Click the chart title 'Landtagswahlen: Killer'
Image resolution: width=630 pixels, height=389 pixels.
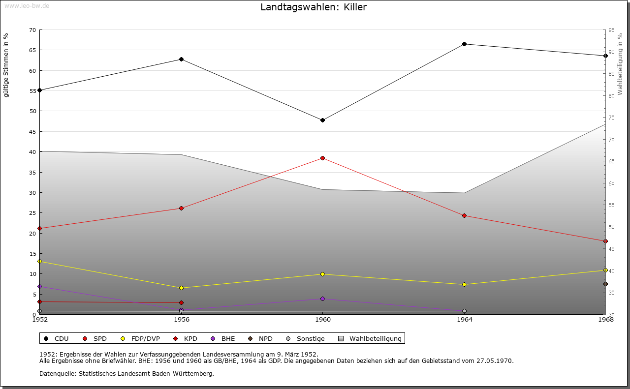[314, 7]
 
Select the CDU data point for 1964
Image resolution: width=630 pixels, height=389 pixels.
[464, 44]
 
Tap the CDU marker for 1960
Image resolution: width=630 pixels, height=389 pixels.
[322, 120]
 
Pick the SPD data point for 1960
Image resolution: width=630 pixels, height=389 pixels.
[322, 158]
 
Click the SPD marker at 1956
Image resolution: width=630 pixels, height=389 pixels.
[181, 209]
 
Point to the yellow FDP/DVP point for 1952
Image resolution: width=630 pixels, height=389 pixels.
[40, 262]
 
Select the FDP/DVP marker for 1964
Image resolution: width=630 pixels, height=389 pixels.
[464, 285]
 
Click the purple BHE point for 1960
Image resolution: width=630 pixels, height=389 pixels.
[322, 299]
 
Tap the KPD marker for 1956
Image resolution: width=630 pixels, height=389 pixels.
[181, 303]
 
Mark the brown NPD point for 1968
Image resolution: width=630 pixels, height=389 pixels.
[605, 284]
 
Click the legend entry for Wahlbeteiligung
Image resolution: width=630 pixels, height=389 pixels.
[375, 339]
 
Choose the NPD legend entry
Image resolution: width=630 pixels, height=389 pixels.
[265, 339]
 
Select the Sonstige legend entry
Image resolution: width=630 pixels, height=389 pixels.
[310, 339]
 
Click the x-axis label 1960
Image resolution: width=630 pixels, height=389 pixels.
[322, 320]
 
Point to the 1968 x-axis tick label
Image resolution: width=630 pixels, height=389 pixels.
[605, 320]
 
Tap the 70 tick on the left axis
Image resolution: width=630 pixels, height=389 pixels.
[32, 30]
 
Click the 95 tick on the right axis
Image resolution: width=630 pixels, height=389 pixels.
[611, 30]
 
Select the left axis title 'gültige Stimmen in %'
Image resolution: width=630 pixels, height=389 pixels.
[6, 65]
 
